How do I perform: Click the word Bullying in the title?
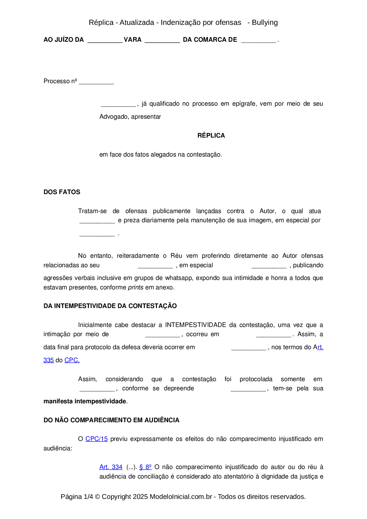point(265,22)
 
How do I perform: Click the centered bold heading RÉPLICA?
point(211,136)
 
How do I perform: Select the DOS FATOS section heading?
point(62,192)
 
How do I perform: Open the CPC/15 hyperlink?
point(96,439)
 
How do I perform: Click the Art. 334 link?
point(111,467)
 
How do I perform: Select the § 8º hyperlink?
point(145,467)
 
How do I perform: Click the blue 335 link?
point(49,360)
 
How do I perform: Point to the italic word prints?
point(136,287)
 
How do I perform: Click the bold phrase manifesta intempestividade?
point(85,401)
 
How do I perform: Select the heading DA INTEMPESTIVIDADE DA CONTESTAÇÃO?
point(110,306)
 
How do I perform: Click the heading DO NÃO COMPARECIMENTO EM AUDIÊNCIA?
point(111,420)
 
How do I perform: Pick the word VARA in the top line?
point(133,40)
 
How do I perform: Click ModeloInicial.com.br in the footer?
point(181,497)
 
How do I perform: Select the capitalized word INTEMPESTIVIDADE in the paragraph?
point(195,325)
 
